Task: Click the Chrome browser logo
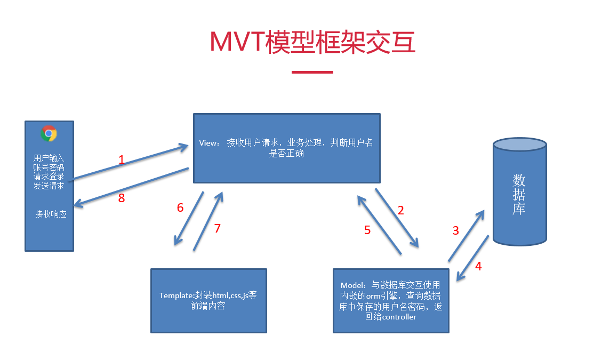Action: coord(49,133)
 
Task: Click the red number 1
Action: coord(121,159)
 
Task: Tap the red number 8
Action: coord(121,198)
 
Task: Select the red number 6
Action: coord(180,207)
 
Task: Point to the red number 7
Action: coord(217,228)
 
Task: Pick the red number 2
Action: coord(401,210)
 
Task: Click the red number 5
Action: coord(367,230)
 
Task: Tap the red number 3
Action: coord(456,230)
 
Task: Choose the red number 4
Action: coord(478,267)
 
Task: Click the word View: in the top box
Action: coord(209,143)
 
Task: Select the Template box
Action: coord(208,301)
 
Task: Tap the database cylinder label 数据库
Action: coord(519,194)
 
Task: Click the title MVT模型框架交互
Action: coord(312,42)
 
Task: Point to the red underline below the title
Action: coord(312,72)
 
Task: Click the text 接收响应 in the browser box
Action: coord(51,214)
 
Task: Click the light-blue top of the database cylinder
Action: coord(520,145)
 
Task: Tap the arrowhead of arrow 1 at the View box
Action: coord(184,147)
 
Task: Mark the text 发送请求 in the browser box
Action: coord(49,186)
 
